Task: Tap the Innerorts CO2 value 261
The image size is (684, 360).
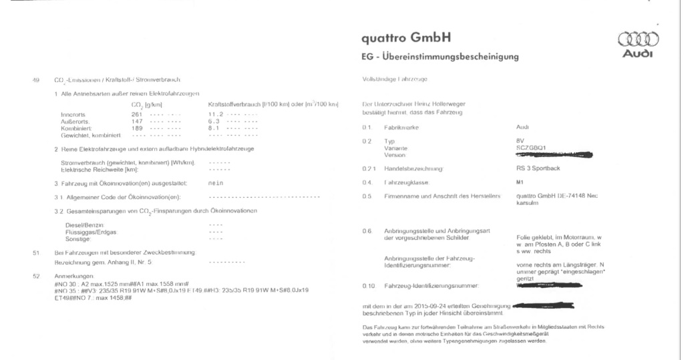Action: (137, 114)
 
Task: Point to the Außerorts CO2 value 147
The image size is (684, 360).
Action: (137, 120)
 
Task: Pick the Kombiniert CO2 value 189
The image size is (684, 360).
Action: (137, 127)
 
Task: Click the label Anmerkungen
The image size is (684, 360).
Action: (75, 276)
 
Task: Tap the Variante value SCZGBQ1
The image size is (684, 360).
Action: (532, 148)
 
